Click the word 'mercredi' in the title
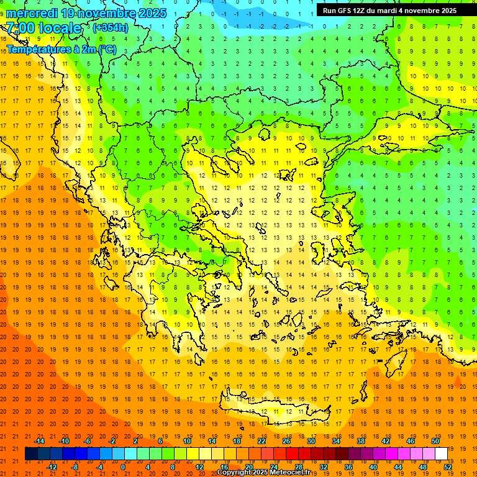pos(33,13)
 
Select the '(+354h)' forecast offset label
pos(111,27)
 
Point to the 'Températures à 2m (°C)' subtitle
pos(61,49)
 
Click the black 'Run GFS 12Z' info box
pos(389,10)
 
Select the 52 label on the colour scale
pos(448,467)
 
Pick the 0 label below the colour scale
pos(122,467)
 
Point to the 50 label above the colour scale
pos(435,440)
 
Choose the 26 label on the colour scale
pos(286,440)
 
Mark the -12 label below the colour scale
pos(52,467)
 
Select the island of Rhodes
pos(397,359)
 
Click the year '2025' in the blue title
pos(149,13)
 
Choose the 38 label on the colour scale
pos(361,440)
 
